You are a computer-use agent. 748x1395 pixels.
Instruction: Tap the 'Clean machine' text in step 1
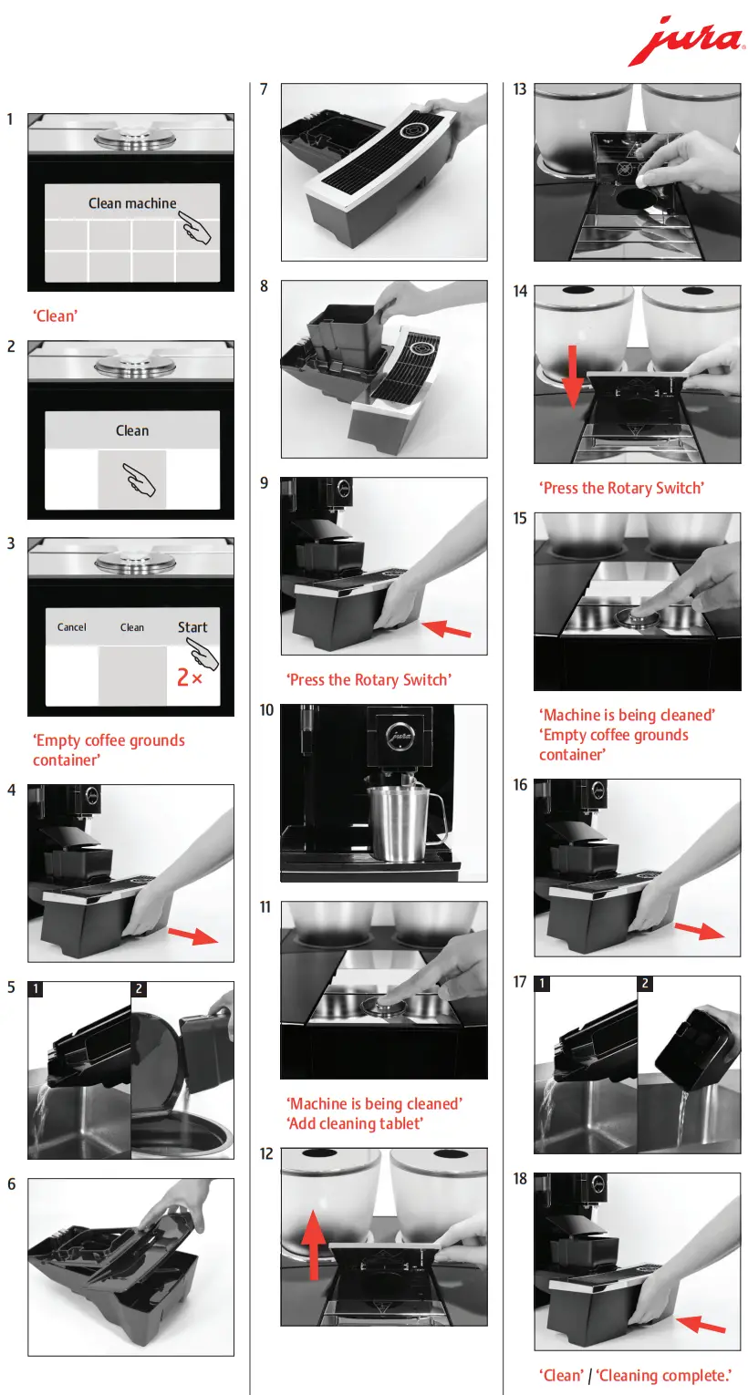(132, 203)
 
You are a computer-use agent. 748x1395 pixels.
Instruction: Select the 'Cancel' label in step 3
(72, 627)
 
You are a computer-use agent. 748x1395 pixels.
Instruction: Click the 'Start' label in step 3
(192, 627)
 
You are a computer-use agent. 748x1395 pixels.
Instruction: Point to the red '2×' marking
(190, 677)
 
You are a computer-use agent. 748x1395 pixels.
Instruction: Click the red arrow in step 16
(699, 930)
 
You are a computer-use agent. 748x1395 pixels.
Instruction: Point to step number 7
(264, 89)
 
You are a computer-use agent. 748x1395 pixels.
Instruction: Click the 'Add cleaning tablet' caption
(355, 1123)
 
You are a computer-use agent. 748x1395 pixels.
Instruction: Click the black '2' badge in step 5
(139, 988)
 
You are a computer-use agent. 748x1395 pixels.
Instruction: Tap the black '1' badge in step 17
(542, 983)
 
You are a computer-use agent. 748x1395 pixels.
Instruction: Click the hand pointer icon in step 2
(140, 479)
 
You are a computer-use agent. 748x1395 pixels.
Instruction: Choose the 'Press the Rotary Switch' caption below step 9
(369, 680)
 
